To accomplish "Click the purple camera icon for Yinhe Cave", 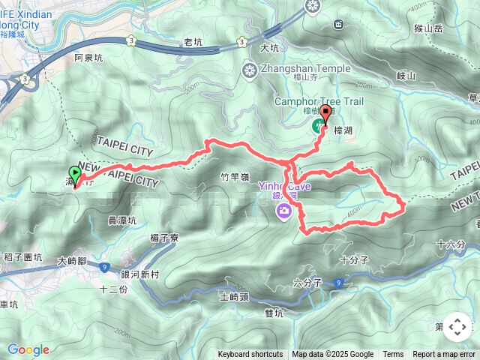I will tap(285, 210).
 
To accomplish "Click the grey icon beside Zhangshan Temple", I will tap(249, 70).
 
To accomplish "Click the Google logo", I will tap(28, 349).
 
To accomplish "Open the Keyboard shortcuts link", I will tap(250, 355).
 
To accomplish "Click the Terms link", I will tap(393, 355).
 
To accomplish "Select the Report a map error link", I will tap(445, 355).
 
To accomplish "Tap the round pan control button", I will tap(457, 327).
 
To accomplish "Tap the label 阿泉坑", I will tap(88, 57).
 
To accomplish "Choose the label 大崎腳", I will tap(73, 262).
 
